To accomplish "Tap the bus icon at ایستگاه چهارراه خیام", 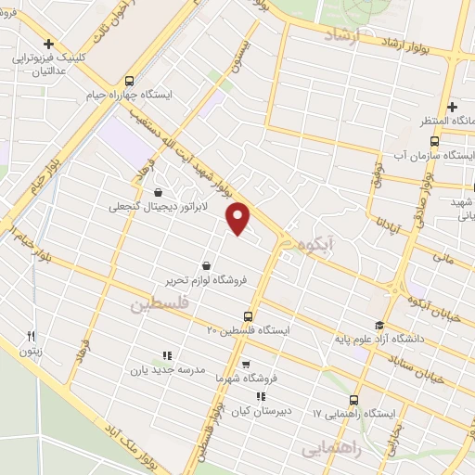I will click(x=130, y=80).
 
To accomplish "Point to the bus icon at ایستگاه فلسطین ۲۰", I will click(x=248, y=316).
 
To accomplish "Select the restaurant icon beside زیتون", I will click(x=32, y=337).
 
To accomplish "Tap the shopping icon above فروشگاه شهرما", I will click(x=245, y=366).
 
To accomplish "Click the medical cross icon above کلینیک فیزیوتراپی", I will click(x=49, y=44).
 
